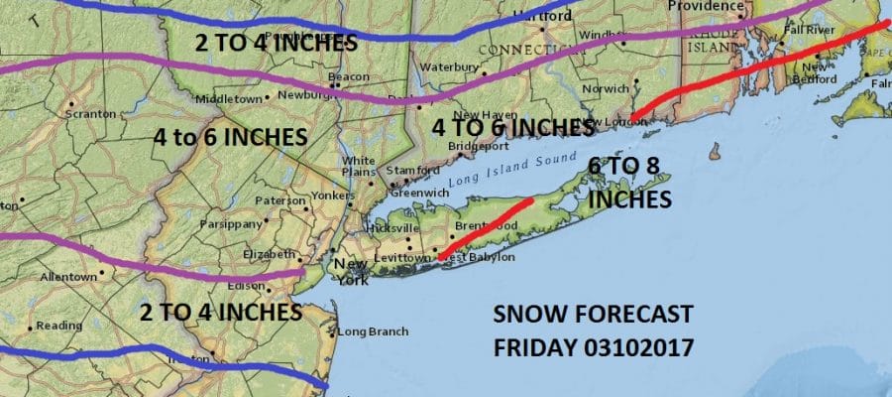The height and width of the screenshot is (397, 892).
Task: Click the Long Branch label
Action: [371, 331]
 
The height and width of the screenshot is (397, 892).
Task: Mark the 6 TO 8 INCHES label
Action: [629, 183]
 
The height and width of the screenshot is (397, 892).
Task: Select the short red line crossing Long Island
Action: [485, 228]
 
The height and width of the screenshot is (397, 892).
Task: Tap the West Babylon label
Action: [477, 258]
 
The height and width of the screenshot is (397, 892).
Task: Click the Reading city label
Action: [59, 326]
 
